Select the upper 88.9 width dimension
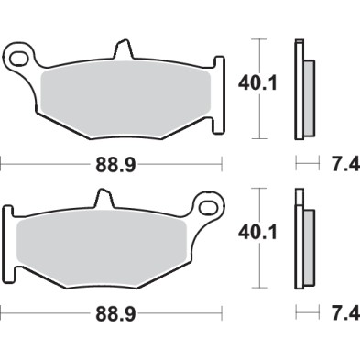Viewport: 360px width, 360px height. pyautogui.click(x=113, y=165)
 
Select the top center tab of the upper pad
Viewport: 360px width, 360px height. pyautogui.click(x=120, y=50)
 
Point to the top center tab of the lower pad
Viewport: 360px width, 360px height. pyautogui.click(x=104, y=199)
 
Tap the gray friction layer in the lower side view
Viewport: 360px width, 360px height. pyautogui.click(x=308, y=245)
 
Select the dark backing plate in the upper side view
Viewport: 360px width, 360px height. pyautogui.click(x=298, y=92)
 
